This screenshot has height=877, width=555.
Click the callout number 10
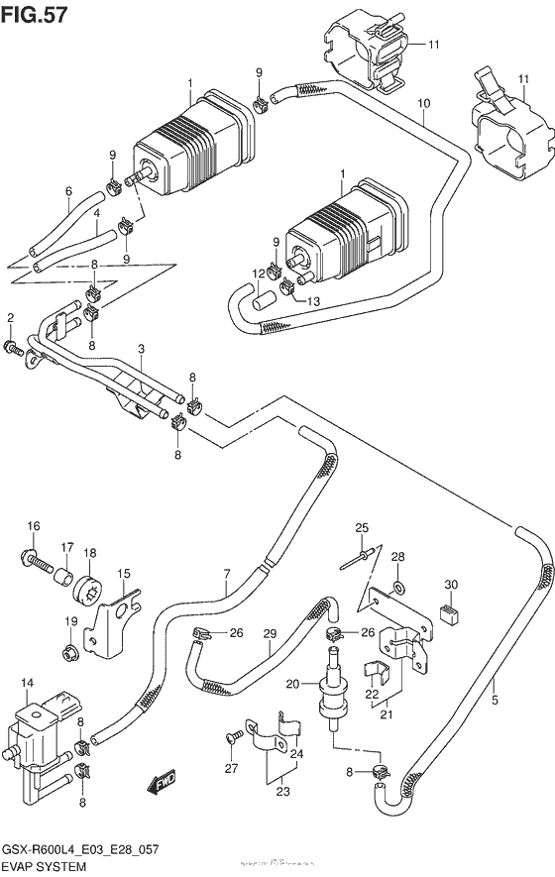(x=423, y=103)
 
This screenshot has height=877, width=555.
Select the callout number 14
(x=26, y=683)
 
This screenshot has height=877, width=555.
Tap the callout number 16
(x=33, y=525)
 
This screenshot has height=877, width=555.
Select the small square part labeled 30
(x=448, y=614)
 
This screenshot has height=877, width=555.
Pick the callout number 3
(x=142, y=349)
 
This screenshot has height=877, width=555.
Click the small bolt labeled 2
(x=13, y=347)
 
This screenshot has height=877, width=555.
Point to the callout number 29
(x=269, y=633)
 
